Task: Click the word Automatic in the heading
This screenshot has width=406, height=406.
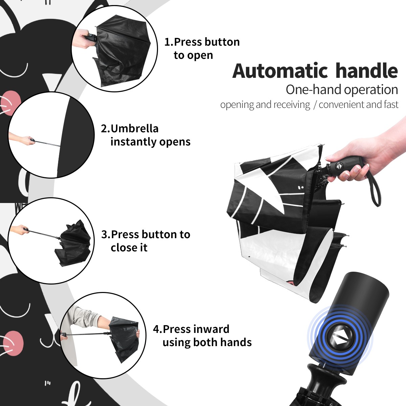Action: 280,71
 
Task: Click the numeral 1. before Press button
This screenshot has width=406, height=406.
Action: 169,42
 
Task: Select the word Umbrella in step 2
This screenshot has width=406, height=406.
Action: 134,129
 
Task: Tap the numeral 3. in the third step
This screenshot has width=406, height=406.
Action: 106,234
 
